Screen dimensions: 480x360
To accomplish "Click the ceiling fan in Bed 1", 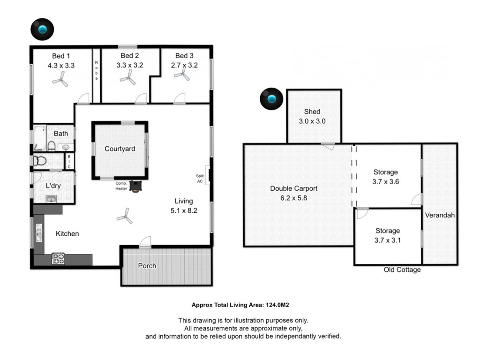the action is coord(60,79).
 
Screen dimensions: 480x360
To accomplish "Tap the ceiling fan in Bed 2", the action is coord(128,77).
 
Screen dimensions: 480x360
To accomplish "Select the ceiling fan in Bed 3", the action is coord(182,75).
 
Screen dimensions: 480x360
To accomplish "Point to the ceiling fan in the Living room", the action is coord(125,216).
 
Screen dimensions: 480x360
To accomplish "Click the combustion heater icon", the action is coord(135,186).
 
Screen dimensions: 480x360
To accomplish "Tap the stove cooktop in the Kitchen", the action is coord(58,259).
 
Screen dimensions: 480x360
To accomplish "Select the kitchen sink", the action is coord(38,232).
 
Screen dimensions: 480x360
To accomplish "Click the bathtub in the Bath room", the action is coord(40,138).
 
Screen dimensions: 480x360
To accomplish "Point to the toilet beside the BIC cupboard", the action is coord(40,160).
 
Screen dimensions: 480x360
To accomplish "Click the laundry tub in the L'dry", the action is coord(51,199).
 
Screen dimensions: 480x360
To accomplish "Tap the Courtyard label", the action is coord(120,149).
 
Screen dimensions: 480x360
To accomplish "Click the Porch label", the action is coord(147,266).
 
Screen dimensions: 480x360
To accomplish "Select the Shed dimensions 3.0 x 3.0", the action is coord(312,121).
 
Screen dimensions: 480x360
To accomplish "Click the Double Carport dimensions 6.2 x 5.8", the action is coord(293,198).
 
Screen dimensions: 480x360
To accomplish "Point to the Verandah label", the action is coord(440,215).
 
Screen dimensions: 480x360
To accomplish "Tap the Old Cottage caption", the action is coord(402,270).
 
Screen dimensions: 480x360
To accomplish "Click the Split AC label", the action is coord(200,179).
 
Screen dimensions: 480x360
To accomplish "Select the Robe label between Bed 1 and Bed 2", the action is coord(97,70).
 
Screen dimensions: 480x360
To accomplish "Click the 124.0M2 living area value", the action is coord(277,305).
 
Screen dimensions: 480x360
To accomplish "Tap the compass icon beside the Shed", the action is coord(271,99).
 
